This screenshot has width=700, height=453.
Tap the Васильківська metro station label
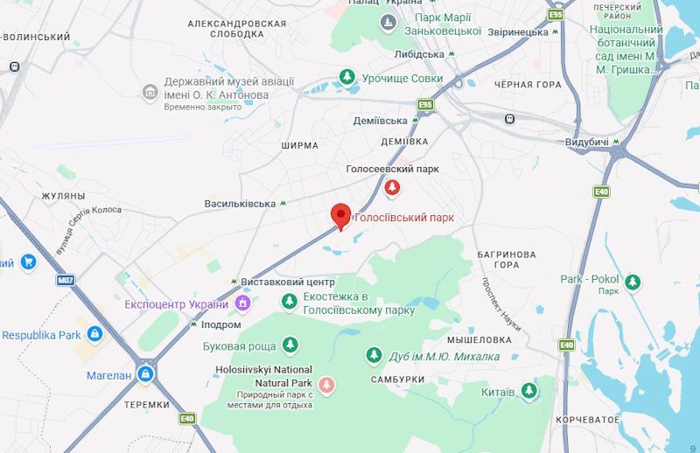coord(240,204)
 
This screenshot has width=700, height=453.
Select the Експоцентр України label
coord(176,304)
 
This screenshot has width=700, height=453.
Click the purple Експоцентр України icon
coord(243,303)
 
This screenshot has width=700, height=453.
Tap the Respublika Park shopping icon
coord(94,335)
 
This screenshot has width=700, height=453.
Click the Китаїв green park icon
coord(528,390)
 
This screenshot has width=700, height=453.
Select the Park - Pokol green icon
coord(633,281)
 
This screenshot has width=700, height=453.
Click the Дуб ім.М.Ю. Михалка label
coord(444,356)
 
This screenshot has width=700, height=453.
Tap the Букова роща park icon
coord(290,345)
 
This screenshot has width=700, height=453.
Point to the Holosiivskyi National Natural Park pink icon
coord(326,384)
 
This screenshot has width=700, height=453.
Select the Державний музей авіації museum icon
coord(150,91)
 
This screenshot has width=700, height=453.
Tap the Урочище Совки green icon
coord(348,79)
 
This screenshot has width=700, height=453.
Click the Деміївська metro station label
coord(381,121)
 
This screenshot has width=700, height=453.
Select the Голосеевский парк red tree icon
coord(392,187)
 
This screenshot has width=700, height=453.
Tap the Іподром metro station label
coord(220,324)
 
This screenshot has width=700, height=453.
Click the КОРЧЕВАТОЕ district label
coord(587,420)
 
